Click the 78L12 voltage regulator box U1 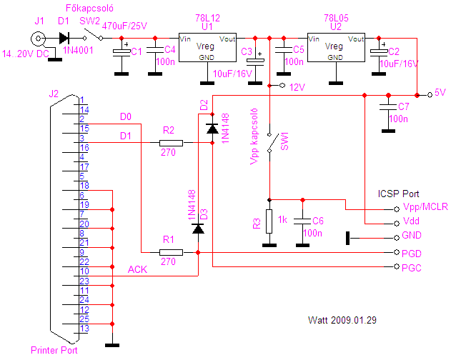coord(207,47)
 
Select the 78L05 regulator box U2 coord(336,47)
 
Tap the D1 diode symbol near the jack coord(64,38)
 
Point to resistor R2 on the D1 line coord(171,143)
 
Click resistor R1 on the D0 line coord(171,252)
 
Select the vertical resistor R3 coord(269,221)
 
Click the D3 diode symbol coord(198,229)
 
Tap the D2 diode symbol coord(212,129)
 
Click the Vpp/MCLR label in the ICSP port coord(425,206)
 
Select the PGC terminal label coord(411,268)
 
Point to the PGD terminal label coord(411,254)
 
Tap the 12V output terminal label coord(297,87)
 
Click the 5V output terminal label coord(440,93)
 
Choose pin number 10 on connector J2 coord(84,271)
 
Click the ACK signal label coord(137,270)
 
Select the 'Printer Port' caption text coord(54,350)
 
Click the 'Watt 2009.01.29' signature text coord(342,320)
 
